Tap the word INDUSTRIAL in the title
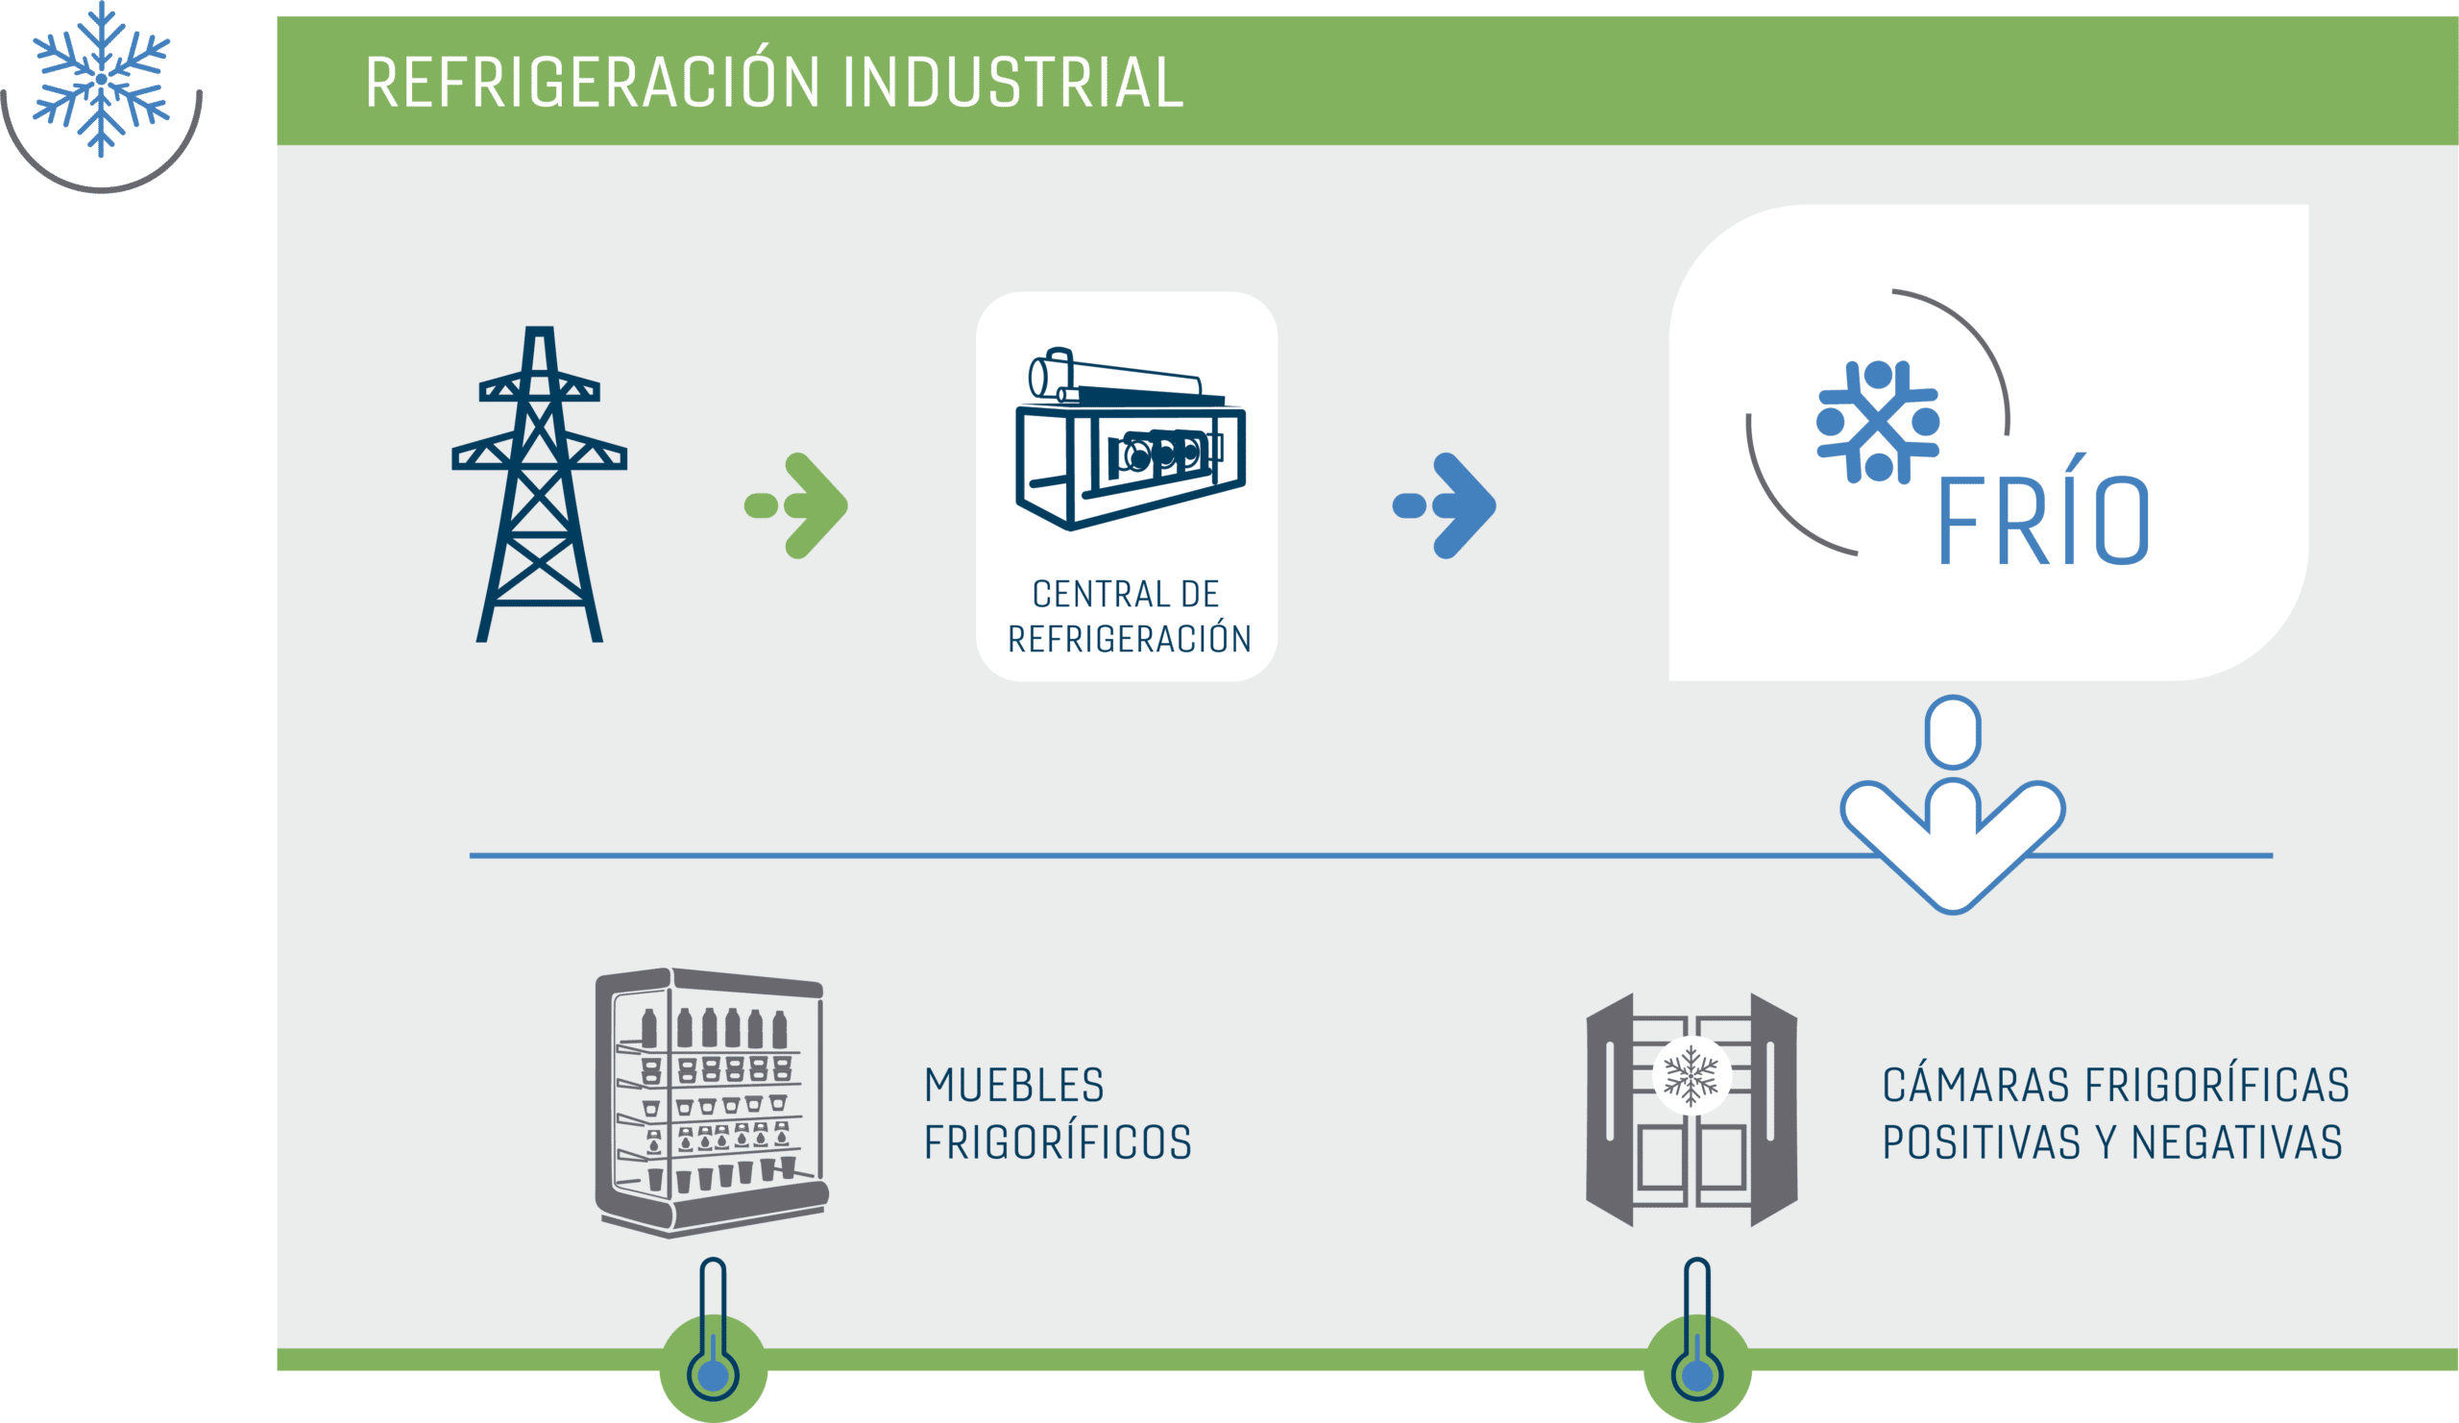coord(1012,82)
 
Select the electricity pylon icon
coord(540,484)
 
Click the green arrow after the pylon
coord(796,505)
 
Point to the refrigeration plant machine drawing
coord(1131,438)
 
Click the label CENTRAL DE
coord(1126,594)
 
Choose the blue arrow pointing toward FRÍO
coord(1444,505)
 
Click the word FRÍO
coord(2043,509)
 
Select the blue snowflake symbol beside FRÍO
coord(1878,423)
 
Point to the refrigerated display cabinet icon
coord(713,1103)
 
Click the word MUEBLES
coord(1013,1086)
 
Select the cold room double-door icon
coord(1692,1110)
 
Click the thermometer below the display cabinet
coord(714,1329)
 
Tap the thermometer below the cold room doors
coord(1698,1329)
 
